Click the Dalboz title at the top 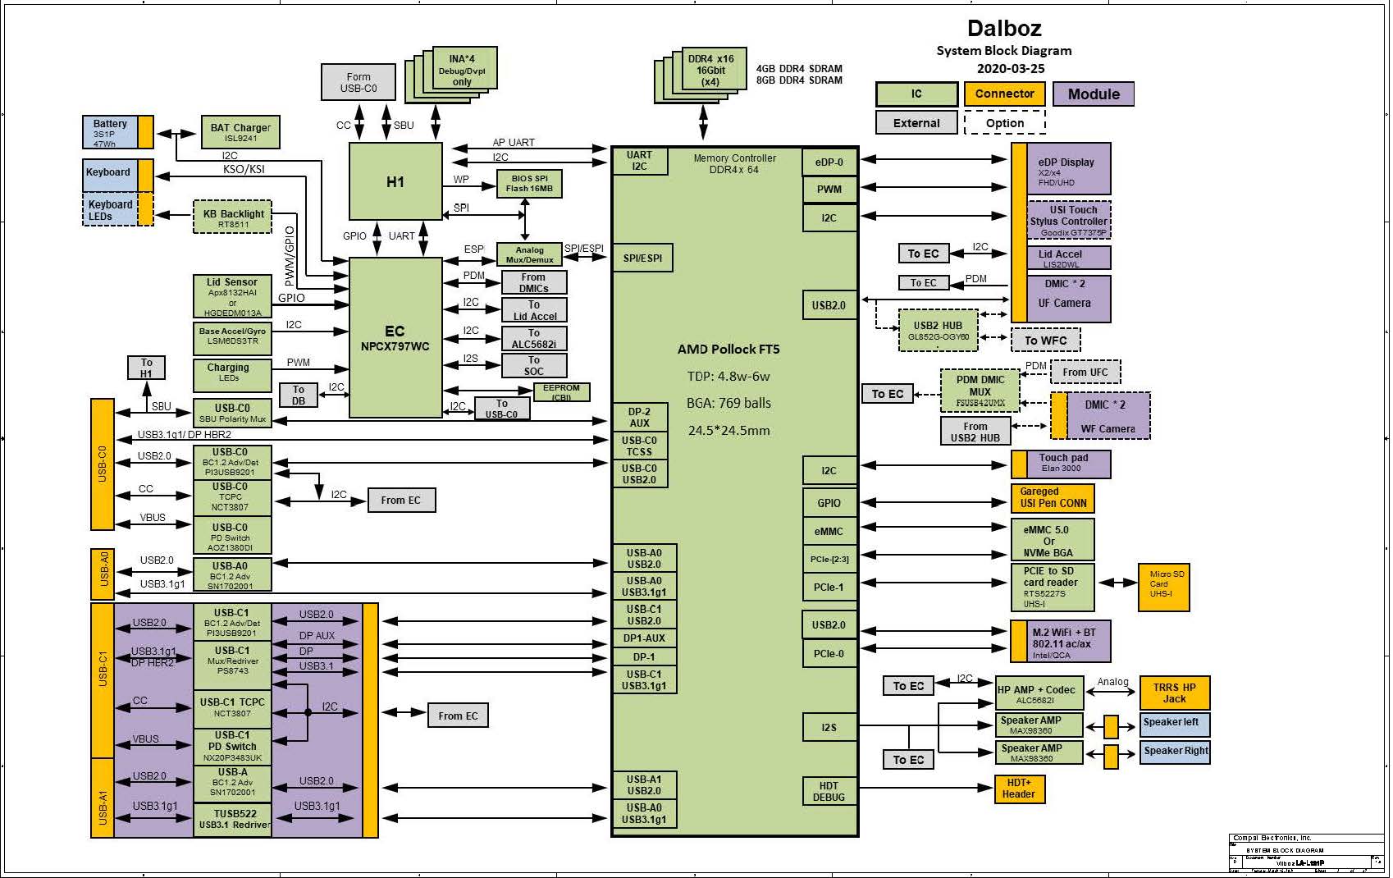pos(1003,28)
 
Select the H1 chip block pos(395,181)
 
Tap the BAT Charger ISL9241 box pos(240,132)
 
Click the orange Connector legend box pos(1004,94)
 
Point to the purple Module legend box pos(1093,94)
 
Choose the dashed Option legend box pos(1004,123)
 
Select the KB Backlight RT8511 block pos(233,217)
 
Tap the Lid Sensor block pos(232,296)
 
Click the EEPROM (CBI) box pos(561,392)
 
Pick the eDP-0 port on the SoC pos(829,162)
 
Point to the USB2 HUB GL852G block pos(938,330)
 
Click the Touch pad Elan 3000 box pos(1062,464)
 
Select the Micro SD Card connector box pos(1163,587)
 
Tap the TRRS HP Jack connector pos(1174,693)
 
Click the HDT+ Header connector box pos(1018,789)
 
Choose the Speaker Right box pos(1175,751)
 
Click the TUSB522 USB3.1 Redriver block pos(233,819)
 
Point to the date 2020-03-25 pos(1010,68)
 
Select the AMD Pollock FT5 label pos(728,349)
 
